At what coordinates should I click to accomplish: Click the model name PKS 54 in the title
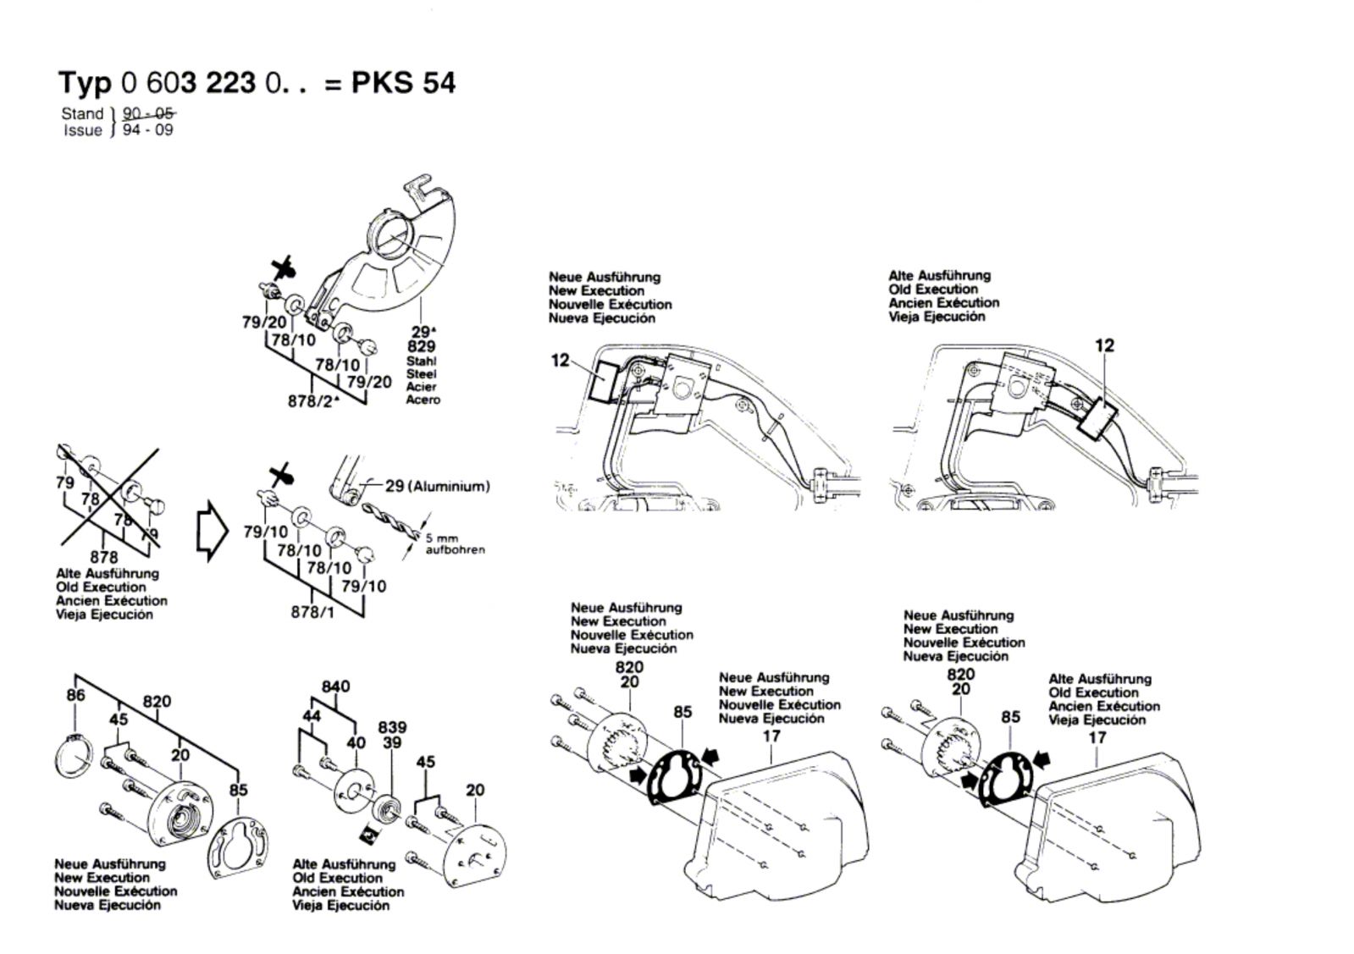404,83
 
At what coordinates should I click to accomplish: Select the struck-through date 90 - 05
149,113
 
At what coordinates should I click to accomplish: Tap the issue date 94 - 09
147,130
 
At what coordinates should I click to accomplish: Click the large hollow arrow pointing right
212,532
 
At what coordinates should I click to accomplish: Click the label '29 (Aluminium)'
437,486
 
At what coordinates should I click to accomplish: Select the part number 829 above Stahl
421,347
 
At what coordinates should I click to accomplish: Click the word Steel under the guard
421,373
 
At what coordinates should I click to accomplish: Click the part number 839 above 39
392,727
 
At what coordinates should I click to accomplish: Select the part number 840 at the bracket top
335,686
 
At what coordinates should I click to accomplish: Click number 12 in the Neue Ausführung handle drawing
561,361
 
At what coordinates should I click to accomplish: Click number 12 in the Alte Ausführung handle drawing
1104,345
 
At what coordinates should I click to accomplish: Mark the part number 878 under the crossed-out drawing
103,557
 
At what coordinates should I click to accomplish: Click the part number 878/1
312,611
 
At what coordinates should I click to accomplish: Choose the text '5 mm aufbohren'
455,544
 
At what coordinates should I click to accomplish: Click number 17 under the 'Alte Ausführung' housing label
1097,738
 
